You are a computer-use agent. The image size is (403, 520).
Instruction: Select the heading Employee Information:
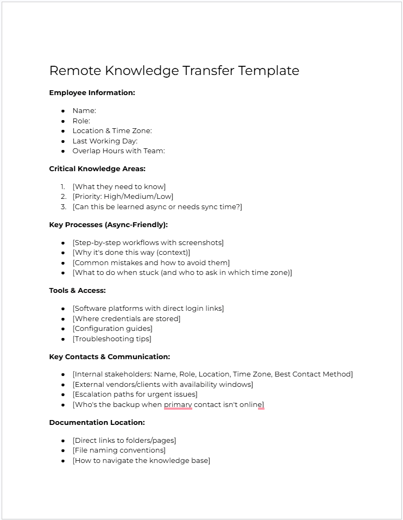coord(92,93)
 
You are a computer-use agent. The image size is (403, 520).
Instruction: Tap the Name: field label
coord(84,111)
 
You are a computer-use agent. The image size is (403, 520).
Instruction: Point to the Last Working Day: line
coord(105,141)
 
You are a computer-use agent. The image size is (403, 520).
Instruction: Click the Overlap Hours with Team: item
coord(118,151)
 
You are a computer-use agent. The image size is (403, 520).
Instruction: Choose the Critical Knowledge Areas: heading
coord(97,169)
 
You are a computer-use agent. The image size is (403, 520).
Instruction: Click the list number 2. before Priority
coord(63,197)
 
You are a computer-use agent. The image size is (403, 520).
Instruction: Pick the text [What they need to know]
coord(119,187)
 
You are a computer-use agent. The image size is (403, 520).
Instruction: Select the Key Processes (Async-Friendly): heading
coord(108,225)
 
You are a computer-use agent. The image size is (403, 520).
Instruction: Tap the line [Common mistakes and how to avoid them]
coord(151,263)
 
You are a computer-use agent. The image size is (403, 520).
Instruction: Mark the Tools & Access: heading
coord(77,291)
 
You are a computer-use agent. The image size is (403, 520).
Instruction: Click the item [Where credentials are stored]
coord(126,319)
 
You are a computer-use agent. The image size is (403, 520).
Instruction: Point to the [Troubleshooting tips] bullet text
coord(112,339)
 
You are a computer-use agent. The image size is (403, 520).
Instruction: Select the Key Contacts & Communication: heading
coord(109,357)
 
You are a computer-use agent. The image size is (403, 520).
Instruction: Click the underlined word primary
coord(178,405)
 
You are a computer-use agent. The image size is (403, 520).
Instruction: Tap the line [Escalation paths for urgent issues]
coord(135,394)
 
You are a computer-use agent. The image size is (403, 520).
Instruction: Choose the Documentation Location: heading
coord(97,423)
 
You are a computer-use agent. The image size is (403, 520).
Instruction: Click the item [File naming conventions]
coord(119,450)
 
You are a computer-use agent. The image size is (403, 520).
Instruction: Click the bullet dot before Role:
coord(64,121)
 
